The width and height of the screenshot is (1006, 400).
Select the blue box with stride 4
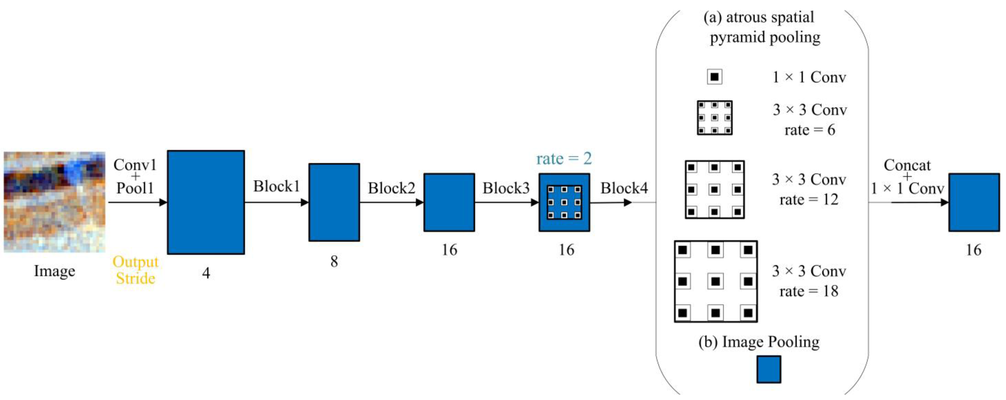(x=206, y=202)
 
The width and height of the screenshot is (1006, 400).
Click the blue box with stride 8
(x=334, y=202)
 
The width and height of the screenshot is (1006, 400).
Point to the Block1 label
(x=277, y=186)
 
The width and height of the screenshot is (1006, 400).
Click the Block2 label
(x=391, y=188)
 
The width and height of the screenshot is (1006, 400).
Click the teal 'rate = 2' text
(x=564, y=159)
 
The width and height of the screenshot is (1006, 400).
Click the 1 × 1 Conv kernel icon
(x=714, y=77)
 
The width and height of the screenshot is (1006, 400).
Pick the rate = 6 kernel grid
(x=715, y=118)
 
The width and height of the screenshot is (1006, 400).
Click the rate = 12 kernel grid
(x=715, y=189)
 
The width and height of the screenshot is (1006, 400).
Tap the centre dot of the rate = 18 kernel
(x=715, y=281)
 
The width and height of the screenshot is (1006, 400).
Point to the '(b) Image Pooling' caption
(x=759, y=342)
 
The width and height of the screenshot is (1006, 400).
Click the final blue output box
(x=974, y=202)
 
